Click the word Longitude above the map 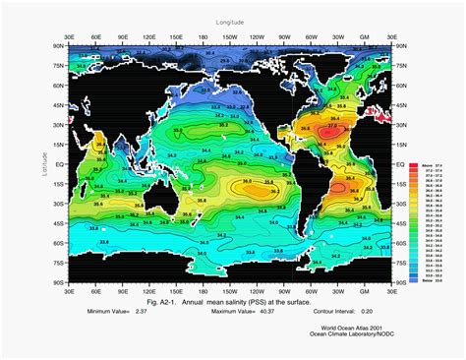(x=228, y=20)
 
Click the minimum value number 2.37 (x=143, y=310)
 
